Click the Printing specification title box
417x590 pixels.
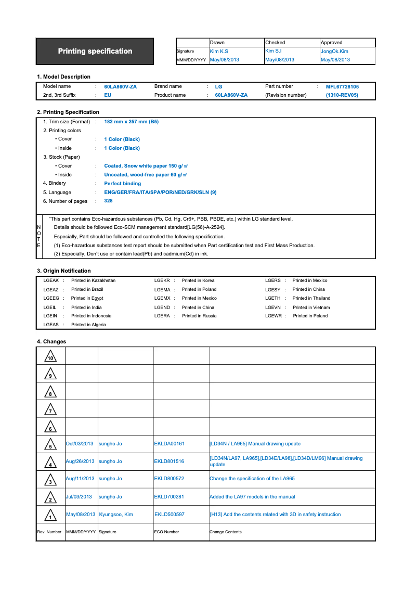[95, 51]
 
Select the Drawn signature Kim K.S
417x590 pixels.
[219, 52]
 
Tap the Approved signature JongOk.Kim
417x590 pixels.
[334, 52]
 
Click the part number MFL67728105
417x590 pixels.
[342, 86]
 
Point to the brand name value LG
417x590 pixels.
[218, 87]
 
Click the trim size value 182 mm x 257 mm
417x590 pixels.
[131, 122]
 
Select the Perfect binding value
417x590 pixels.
[122, 184]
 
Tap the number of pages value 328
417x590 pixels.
[108, 201]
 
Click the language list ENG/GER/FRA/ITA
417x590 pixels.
[160, 193]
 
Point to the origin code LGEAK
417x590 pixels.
[51, 280]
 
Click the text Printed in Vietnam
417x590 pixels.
[311, 307]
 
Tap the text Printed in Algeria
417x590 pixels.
[88, 325]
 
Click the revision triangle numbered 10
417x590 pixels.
[50, 357]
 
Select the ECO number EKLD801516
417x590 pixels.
[169, 461]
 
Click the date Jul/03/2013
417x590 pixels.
[79, 497]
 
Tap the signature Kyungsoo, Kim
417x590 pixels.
[116, 515]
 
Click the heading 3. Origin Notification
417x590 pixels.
[63, 271]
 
